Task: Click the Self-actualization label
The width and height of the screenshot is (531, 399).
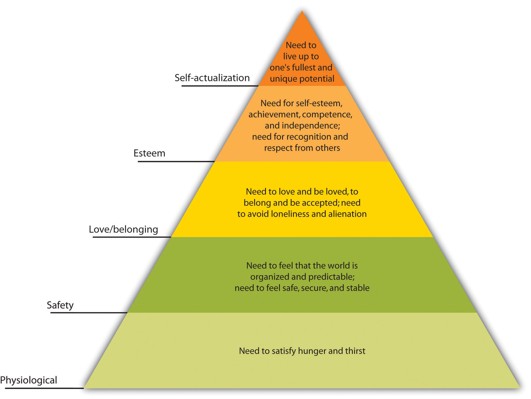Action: (212, 78)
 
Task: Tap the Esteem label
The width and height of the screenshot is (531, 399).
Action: (149, 153)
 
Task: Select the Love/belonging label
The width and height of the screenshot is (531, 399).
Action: (123, 229)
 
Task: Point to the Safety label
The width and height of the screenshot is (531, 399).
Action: (60, 305)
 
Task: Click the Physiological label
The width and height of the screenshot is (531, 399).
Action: (28, 380)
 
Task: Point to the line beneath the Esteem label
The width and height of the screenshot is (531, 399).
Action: (176, 162)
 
